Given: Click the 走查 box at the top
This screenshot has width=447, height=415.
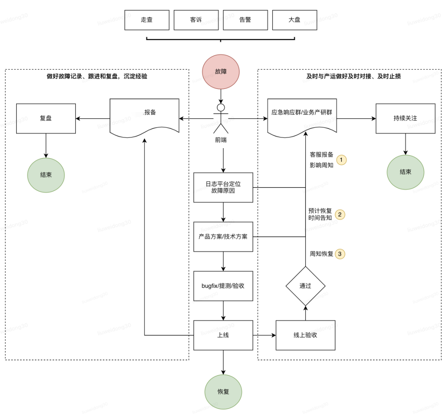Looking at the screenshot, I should (147, 20).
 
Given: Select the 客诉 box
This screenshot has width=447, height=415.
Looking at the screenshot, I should (196, 20).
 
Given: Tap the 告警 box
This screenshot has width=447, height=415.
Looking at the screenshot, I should (245, 20).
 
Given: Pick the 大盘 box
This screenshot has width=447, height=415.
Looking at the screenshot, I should (294, 20).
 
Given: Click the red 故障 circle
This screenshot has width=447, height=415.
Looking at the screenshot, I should (221, 71).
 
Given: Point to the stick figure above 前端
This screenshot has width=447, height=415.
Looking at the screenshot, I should (221, 118).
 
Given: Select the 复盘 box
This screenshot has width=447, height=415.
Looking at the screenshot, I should (46, 118).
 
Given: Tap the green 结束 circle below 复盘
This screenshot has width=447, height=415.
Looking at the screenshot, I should (46, 175).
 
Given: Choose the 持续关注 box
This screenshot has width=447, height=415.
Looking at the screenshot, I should (405, 118).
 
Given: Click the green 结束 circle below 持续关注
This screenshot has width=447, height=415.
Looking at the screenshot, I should (405, 172).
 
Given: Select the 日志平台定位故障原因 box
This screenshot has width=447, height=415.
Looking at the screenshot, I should (223, 187).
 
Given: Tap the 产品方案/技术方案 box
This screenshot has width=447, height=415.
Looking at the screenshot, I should (223, 237).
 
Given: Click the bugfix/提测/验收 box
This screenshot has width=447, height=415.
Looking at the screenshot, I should (223, 285).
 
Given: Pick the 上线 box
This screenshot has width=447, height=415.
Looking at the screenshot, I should (223, 335).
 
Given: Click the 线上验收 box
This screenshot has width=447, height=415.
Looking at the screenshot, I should (305, 335).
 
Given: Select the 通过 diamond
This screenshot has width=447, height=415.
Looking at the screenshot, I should (305, 286).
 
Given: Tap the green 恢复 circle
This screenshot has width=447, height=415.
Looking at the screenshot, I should (223, 391).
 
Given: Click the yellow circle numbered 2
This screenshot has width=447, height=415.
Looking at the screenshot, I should (340, 214).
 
